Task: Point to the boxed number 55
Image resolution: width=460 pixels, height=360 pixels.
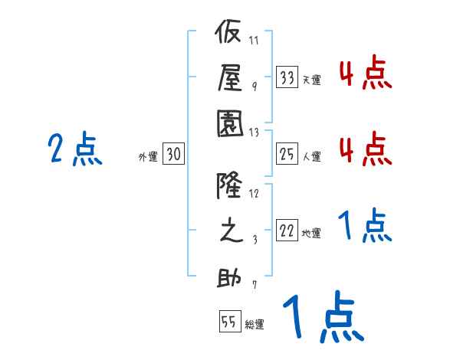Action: [x=228, y=322]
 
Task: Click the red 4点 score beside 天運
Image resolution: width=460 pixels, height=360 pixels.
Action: [x=365, y=74]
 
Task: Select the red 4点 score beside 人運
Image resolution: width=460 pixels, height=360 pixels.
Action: [x=365, y=149]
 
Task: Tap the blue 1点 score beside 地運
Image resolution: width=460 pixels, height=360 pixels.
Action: [x=365, y=227]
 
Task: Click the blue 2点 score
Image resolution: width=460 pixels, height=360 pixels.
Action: [x=74, y=149]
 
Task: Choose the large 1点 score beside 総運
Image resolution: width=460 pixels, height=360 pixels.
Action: [x=322, y=319]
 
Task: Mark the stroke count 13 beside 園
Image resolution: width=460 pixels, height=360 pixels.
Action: [x=255, y=132]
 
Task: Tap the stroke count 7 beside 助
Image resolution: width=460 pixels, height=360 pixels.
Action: [x=255, y=286]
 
